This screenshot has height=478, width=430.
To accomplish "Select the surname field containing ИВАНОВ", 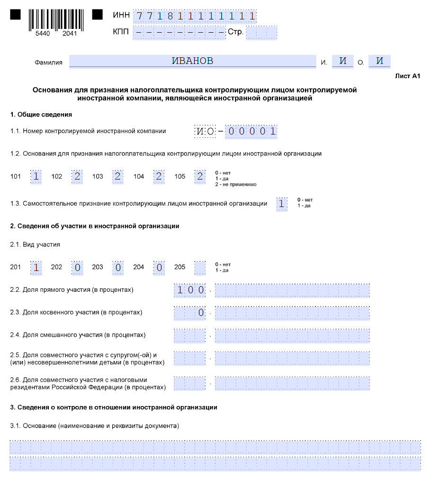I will (x=192, y=61).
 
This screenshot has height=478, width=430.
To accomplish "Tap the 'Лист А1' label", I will (x=407, y=76).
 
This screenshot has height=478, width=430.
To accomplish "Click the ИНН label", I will (x=121, y=16).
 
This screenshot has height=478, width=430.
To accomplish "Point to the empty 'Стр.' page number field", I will (x=261, y=33).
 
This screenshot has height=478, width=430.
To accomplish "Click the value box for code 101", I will (x=36, y=176).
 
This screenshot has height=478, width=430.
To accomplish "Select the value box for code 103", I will (x=118, y=176).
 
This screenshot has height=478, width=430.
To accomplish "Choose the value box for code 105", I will (x=200, y=176).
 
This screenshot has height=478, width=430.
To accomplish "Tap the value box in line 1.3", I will (x=282, y=204).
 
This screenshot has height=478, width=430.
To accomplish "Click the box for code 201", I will (x=36, y=267).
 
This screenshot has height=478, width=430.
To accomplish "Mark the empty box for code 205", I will (x=200, y=267).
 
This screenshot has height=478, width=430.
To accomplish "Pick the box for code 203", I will (x=118, y=267).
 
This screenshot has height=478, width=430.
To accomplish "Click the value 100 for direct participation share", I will (x=190, y=290).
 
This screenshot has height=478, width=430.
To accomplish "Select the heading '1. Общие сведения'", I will (x=41, y=115).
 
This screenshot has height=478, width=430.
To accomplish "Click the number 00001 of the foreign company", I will (x=251, y=131).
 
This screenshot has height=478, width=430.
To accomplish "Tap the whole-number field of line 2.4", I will (x=190, y=335).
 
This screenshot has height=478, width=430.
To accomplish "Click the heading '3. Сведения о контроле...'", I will (x=114, y=407).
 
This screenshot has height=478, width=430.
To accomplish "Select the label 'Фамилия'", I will (x=49, y=63).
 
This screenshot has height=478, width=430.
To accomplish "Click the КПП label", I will (x=121, y=32).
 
